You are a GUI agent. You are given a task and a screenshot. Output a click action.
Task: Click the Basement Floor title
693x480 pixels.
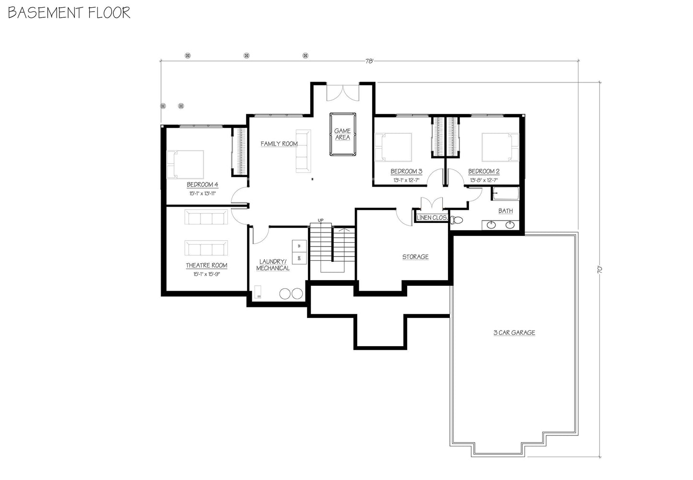click(x=69, y=12)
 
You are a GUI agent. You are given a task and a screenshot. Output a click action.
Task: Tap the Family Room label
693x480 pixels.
click(x=279, y=144)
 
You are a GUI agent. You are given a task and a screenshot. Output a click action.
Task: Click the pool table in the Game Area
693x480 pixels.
click(x=342, y=134)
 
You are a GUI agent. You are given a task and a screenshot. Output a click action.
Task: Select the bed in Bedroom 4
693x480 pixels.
click(x=185, y=164)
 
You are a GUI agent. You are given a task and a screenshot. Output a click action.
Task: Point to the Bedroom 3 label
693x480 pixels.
click(x=406, y=172)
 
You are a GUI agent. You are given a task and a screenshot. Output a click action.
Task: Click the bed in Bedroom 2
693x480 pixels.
click(x=500, y=147)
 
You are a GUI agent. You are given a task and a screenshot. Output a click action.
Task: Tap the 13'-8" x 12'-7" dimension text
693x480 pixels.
click(x=484, y=180)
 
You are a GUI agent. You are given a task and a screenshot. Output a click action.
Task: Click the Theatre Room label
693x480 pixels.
click(x=207, y=266)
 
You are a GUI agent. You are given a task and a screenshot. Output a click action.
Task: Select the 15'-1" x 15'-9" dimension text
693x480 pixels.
click(x=207, y=274)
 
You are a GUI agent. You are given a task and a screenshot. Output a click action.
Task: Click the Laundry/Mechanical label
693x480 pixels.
click(x=273, y=265)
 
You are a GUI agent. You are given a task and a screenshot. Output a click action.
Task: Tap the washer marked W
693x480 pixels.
click(x=299, y=246)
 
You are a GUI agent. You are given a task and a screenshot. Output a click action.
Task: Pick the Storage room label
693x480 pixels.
click(x=415, y=257)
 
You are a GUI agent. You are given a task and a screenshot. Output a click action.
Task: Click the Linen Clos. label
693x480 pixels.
click(x=432, y=218)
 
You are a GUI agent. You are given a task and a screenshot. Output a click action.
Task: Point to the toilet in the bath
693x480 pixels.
click(x=457, y=221)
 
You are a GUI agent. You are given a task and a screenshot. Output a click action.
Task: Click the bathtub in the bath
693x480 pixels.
click(x=505, y=194)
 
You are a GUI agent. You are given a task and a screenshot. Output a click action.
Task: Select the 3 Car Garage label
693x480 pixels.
click(x=514, y=333)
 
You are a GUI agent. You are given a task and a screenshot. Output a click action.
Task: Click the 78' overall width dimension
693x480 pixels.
click(x=369, y=61)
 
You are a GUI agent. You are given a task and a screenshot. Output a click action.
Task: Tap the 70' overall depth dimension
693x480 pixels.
click(x=599, y=270)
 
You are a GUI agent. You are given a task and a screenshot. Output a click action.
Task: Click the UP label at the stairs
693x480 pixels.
click(x=320, y=221)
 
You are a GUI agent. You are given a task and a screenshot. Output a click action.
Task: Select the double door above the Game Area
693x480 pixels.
click(x=342, y=93)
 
